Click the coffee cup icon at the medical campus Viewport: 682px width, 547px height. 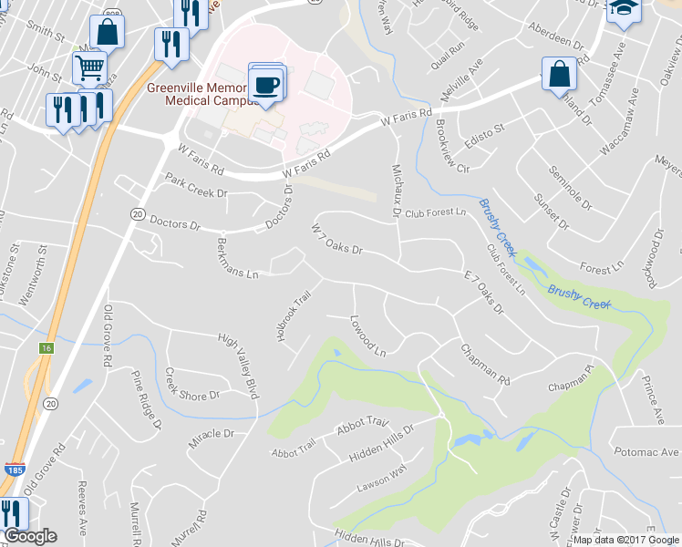click(x=266, y=85)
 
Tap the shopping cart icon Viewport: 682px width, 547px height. click(x=89, y=67)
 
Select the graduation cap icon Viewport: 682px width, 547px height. click(x=624, y=9)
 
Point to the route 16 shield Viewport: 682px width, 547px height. click(x=46, y=348)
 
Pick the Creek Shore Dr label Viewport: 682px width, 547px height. click(x=192, y=384)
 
